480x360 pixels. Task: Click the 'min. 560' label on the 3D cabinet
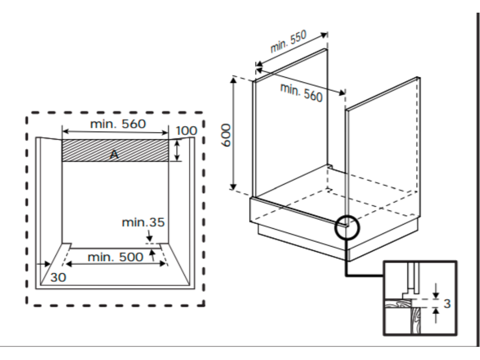click(301, 92)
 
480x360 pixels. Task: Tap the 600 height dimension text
click(226, 135)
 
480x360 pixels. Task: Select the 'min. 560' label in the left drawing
click(118, 124)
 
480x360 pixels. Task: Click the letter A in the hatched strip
click(114, 155)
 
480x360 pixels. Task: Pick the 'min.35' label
click(143, 222)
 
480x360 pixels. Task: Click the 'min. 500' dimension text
click(115, 257)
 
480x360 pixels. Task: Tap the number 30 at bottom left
click(58, 277)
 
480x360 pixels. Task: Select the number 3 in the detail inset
click(447, 304)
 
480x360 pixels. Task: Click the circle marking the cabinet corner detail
click(347, 227)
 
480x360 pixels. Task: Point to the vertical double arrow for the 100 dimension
click(177, 150)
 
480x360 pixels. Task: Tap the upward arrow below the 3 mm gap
click(436, 315)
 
